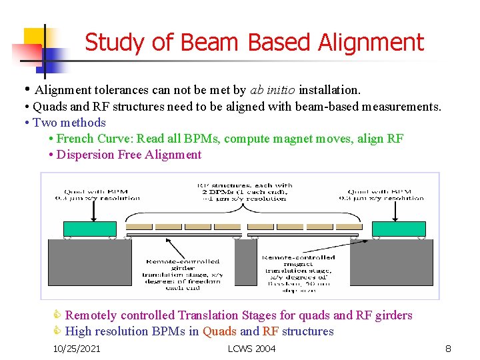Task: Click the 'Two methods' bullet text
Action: (69, 122)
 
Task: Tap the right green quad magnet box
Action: (399, 229)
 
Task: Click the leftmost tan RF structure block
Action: (139, 227)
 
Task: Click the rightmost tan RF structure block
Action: (345, 227)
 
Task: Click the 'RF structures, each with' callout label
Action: (245, 185)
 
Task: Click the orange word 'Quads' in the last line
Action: (219, 331)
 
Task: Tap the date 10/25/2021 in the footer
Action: (77, 349)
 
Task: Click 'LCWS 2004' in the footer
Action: (251, 349)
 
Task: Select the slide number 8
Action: (448, 349)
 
